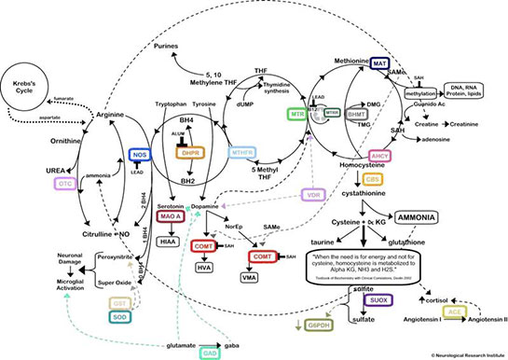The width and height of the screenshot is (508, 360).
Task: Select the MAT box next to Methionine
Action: (x=378, y=63)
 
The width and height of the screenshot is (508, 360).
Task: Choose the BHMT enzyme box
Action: (x=356, y=115)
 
